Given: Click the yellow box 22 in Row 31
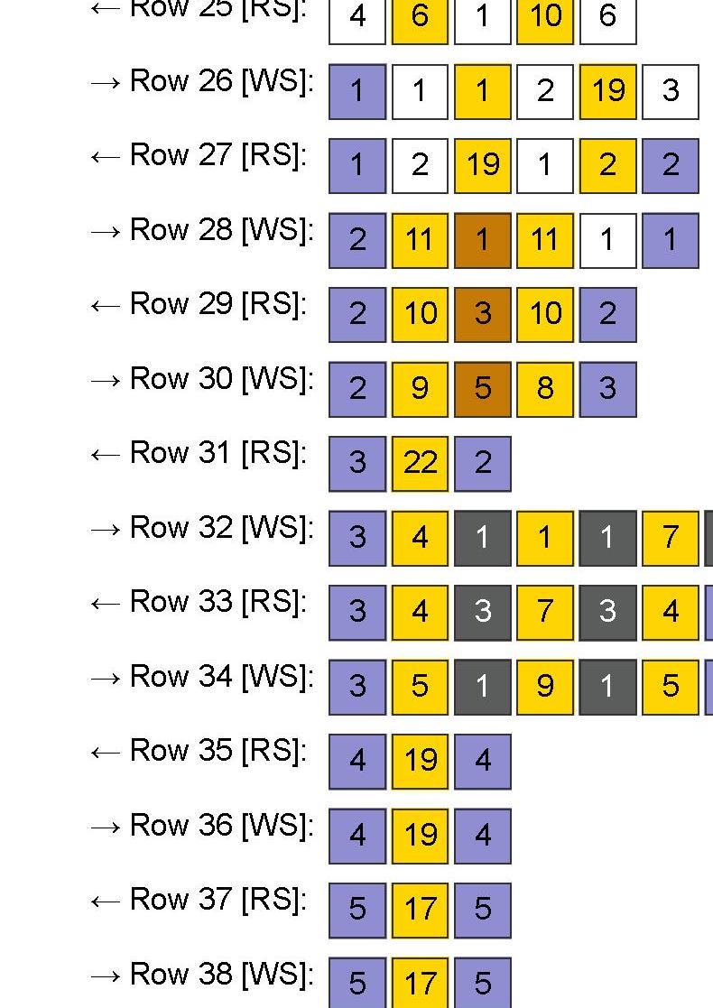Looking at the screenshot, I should [x=420, y=464].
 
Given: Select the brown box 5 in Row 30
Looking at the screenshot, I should [x=482, y=389].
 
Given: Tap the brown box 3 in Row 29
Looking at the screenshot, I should [x=482, y=315].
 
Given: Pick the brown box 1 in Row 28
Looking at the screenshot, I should [x=482, y=240].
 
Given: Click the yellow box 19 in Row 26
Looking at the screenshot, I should [x=607, y=91].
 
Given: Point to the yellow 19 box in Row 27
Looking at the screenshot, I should [x=482, y=166].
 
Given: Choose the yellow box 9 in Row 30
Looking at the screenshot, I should [x=420, y=389].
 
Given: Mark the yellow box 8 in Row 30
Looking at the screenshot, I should [x=544, y=389].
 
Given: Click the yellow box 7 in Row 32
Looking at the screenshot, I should [x=670, y=538].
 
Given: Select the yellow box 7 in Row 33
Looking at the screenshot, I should [x=544, y=613].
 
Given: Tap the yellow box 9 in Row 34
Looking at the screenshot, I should [x=544, y=687].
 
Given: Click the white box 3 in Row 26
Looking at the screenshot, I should [x=670, y=91].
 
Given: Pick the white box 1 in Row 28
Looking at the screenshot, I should [x=607, y=240].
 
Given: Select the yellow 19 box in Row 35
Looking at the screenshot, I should [x=420, y=762].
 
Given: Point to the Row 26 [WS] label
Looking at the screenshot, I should [x=222, y=81].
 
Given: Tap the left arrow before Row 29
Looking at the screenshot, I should [x=105, y=306].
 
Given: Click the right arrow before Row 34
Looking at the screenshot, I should [x=105, y=678].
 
